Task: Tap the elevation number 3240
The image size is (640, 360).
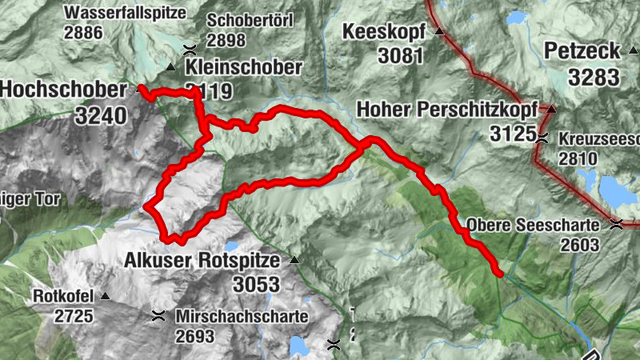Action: point(102,115)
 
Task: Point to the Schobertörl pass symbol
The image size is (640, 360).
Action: point(189,49)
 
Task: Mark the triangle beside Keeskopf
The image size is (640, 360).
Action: point(438,32)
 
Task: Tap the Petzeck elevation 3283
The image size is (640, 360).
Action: point(594,77)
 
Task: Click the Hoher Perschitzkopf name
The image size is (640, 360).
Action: point(448,108)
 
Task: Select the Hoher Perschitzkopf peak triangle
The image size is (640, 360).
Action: point(551,108)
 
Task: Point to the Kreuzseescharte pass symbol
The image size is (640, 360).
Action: point(543,137)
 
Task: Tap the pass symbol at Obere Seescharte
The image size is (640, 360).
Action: point(617,224)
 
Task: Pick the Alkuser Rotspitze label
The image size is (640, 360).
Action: point(202,260)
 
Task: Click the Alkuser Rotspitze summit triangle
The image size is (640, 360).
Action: point(294,260)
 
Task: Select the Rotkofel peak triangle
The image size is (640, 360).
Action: point(104,296)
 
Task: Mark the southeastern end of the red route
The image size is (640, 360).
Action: point(499,274)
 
